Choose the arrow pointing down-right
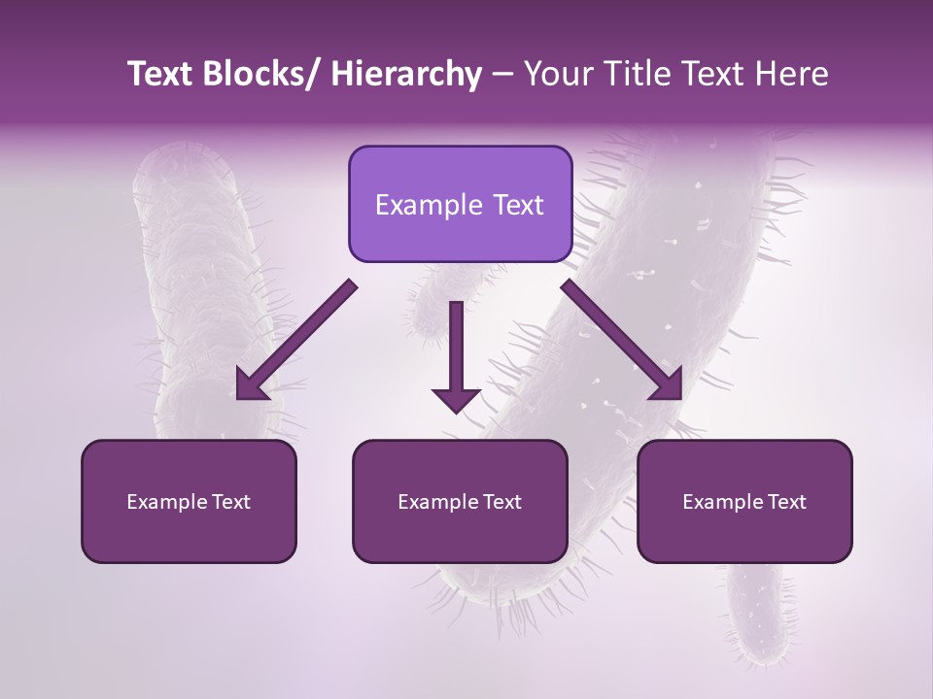tap(623, 341)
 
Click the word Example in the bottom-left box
tap(166, 502)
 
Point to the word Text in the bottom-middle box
tap(501, 502)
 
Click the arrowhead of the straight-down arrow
tap(456, 398)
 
